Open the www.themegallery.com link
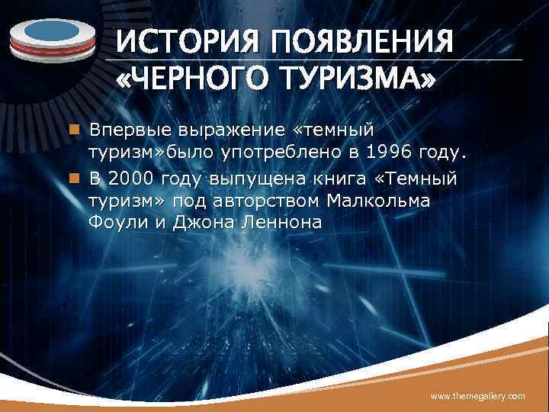pos(478,396)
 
